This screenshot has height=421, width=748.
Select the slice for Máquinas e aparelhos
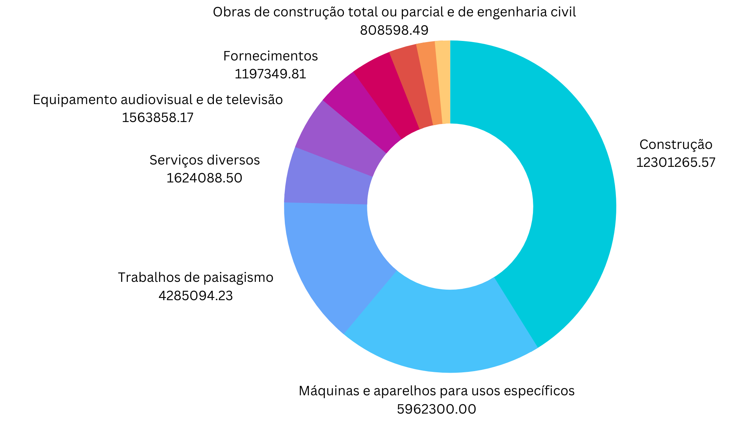click(440, 331)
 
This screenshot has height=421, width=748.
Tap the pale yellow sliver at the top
click(443, 82)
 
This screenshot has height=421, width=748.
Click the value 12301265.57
click(676, 162)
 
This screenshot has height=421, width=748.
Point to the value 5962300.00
click(436, 409)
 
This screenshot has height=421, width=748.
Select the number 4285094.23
click(196, 295)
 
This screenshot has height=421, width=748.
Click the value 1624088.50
click(204, 178)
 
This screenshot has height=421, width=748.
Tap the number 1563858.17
click(157, 117)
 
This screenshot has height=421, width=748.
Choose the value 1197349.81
click(270, 74)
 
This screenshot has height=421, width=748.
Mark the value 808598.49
click(394, 30)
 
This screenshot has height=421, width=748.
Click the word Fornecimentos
click(270, 56)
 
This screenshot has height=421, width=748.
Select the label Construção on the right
click(676, 145)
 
